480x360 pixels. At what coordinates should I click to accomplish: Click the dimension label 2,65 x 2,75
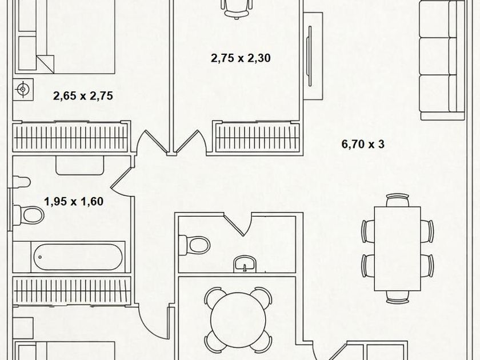point(83,96)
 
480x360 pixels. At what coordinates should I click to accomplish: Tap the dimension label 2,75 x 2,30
point(241,58)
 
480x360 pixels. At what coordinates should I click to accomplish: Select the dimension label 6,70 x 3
point(363,145)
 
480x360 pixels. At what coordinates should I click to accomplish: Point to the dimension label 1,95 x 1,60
point(74,201)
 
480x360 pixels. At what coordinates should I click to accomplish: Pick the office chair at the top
point(237,8)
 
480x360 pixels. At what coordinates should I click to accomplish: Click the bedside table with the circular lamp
point(23,90)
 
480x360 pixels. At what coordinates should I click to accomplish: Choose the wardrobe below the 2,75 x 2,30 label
point(257,137)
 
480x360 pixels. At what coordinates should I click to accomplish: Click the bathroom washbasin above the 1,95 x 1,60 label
point(79,165)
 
